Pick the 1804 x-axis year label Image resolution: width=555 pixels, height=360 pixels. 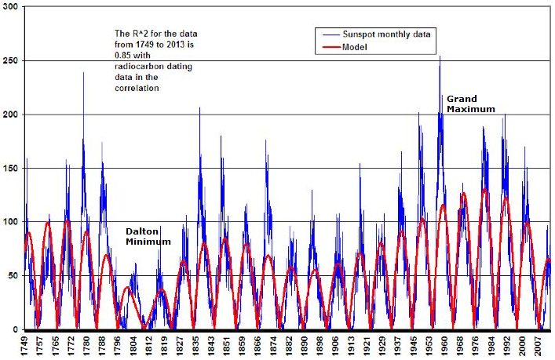[x=133, y=344]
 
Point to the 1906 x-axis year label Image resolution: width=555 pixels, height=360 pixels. [x=334, y=344]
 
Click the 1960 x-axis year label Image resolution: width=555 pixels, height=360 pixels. [x=443, y=344]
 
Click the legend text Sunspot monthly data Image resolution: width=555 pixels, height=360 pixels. [x=385, y=35]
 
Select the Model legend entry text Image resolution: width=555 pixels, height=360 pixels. [x=354, y=47]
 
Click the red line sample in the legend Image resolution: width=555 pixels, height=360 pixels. [x=327, y=47]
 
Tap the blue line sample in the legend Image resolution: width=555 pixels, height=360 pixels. [x=327, y=35]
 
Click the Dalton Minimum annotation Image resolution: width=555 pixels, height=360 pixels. [x=148, y=237]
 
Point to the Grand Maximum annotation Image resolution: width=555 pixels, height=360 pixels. [x=471, y=104]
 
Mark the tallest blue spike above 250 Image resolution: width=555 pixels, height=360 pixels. [x=440, y=56]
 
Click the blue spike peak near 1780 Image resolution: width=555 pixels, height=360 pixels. [x=83, y=73]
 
